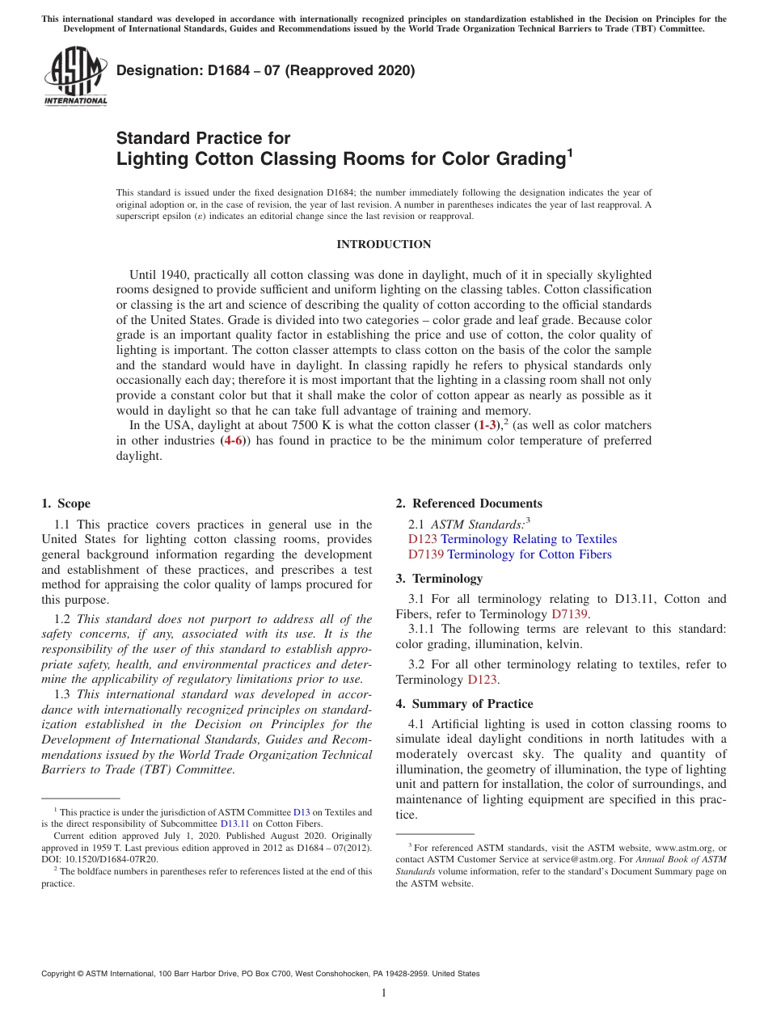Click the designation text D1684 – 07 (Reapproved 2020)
(265, 70)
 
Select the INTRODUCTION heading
(383, 244)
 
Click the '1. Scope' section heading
(66, 503)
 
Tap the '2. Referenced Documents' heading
(469, 503)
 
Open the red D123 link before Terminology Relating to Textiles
(422, 539)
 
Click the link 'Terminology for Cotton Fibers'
(529, 554)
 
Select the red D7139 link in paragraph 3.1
(569, 614)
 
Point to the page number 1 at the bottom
(383, 992)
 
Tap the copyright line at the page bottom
(260, 974)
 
